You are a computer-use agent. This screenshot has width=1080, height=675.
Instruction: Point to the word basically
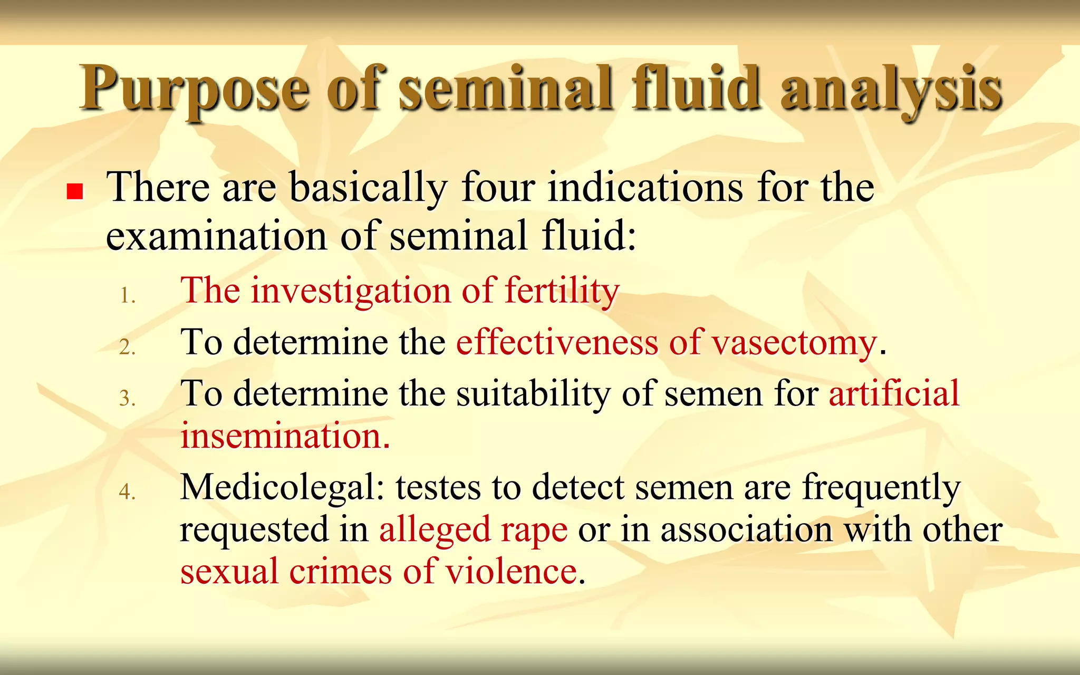tap(369, 189)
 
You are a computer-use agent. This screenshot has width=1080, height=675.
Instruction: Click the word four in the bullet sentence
tap(498, 188)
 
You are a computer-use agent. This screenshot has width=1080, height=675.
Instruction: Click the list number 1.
tap(127, 295)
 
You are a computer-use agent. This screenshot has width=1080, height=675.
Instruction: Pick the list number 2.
tap(127, 347)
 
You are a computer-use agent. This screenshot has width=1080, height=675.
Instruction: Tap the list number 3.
tap(127, 398)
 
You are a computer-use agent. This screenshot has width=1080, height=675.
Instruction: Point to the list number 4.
tap(127, 491)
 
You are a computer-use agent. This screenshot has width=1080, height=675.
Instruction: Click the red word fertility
tap(562, 291)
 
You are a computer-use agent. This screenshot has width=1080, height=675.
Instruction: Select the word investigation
tap(351, 291)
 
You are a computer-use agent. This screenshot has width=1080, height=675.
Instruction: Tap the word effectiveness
tap(557, 343)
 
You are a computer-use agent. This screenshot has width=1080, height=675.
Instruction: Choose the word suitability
tap(533, 394)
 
